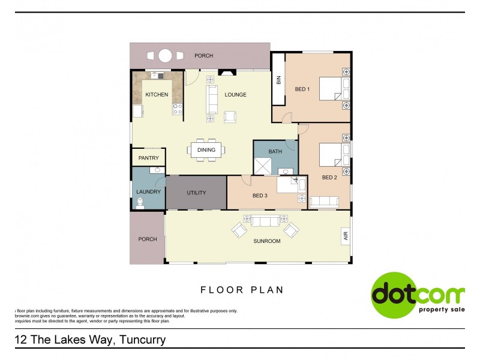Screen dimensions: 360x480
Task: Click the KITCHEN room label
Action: (x=157, y=95)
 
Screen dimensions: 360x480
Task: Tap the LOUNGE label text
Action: (x=235, y=95)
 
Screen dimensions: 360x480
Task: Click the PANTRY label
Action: (x=148, y=158)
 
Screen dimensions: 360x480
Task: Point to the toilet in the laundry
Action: (x=140, y=203)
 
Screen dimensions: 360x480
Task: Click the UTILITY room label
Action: (x=196, y=193)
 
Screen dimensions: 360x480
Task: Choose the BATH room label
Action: (x=275, y=151)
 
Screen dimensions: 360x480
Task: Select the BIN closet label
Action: (x=278, y=79)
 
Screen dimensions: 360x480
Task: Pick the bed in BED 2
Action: (x=331, y=154)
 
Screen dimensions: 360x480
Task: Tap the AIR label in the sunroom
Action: (x=345, y=236)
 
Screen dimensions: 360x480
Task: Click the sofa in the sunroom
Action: (x=265, y=221)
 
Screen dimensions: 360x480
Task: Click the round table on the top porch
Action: (x=165, y=56)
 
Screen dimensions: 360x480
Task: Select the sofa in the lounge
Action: (x=212, y=99)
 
